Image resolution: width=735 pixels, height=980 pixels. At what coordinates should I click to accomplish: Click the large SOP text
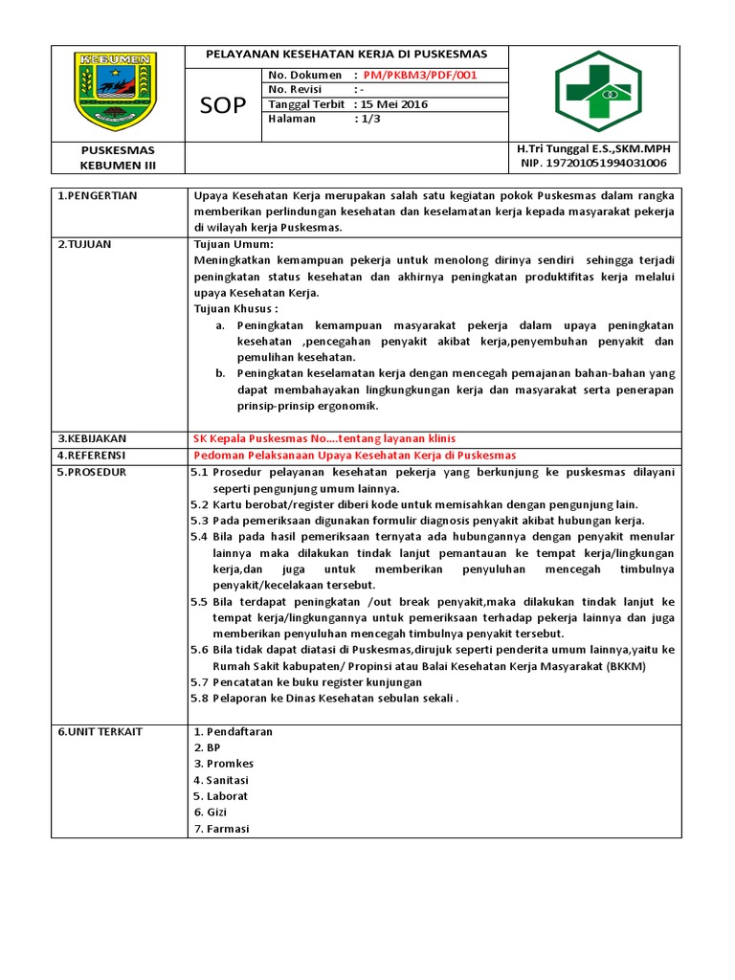pos(222,103)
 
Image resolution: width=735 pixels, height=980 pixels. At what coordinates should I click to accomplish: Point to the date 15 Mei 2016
pos(394,104)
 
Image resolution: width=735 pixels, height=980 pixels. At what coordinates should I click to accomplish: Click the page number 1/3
pos(367,119)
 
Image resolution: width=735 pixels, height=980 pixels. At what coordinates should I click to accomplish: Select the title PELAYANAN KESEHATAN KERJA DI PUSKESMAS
pos(346,54)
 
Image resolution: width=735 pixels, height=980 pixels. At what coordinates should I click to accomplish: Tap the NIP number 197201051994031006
pos(591,165)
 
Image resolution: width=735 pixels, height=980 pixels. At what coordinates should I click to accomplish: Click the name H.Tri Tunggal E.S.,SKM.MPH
pos(593,150)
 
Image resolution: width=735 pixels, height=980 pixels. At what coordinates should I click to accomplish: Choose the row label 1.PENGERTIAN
pos(97,196)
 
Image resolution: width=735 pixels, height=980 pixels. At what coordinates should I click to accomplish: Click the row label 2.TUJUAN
pos(84,245)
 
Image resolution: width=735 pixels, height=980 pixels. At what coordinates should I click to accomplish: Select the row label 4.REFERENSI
pos(92,455)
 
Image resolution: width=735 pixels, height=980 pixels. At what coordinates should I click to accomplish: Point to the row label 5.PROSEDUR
pos(92,472)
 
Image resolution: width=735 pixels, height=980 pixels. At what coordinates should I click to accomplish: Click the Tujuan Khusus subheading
pos(235,309)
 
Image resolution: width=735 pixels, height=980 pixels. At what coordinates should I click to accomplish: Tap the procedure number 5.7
pos(199,682)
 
